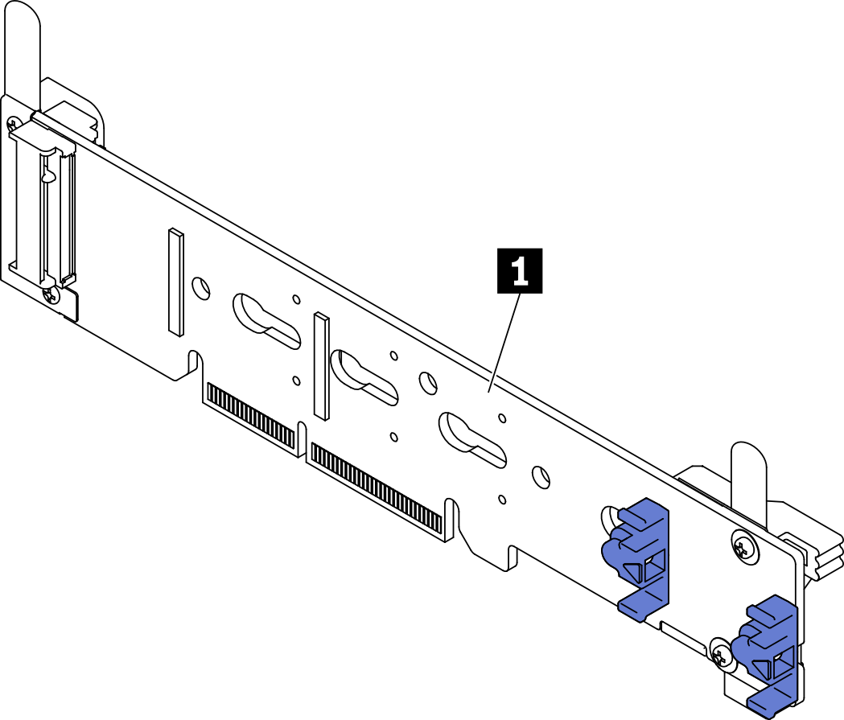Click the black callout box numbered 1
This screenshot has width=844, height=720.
(x=520, y=271)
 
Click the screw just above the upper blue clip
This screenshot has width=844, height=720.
(x=743, y=546)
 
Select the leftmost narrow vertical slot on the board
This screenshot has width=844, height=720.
(x=175, y=282)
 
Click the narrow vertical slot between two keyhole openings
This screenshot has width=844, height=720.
(x=322, y=366)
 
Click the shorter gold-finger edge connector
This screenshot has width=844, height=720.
(x=250, y=414)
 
